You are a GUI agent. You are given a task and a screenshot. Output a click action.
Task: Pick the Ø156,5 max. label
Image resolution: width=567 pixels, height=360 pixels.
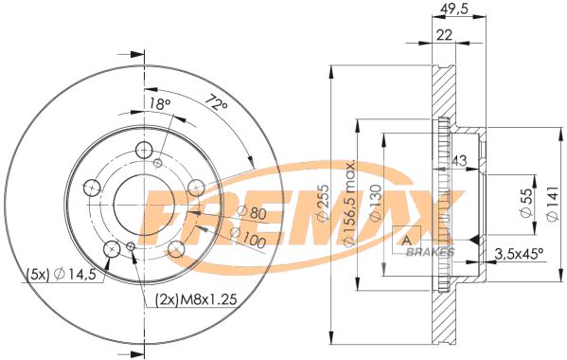[348, 203]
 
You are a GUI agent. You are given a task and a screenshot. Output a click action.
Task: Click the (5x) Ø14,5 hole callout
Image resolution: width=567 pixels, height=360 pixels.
[53, 276]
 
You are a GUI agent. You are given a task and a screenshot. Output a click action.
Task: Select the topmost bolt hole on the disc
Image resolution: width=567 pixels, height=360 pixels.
[144, 150]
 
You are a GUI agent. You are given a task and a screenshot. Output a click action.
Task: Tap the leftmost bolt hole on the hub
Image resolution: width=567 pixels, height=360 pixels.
[92, 188]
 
